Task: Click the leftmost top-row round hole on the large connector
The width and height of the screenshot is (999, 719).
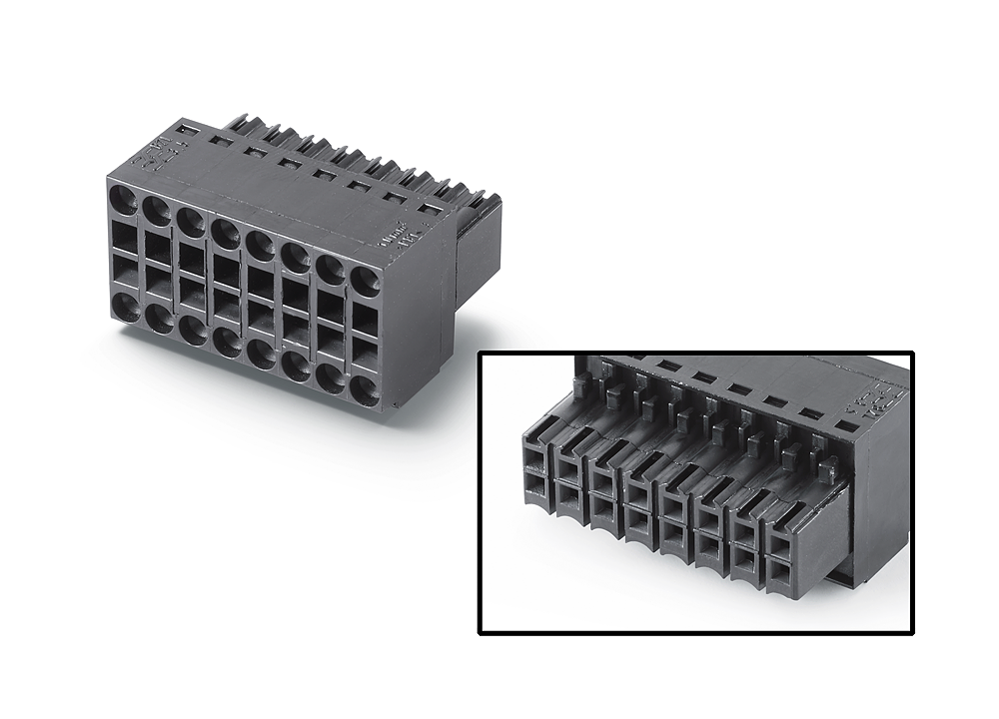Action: coord(123,197)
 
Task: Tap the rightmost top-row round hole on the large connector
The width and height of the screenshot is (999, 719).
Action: coord(365,281)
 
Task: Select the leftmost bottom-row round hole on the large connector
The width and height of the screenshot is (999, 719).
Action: coord(124,308)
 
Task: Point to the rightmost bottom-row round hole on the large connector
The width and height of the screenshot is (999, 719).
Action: coord(365,390)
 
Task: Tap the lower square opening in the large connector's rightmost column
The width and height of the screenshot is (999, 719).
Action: coord(365,354)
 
